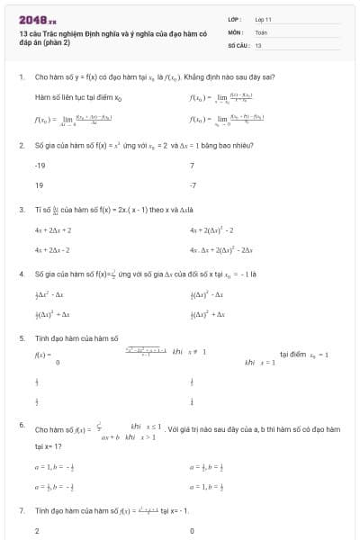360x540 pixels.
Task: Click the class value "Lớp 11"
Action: tap(263, 18)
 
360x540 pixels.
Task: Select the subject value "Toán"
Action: tap(261, 31)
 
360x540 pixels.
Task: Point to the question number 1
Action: tap(21, 78)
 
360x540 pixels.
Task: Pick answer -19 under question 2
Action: tap(40, 166)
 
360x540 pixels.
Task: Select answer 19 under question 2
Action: tap(39, 184)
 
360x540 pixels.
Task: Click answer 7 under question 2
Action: tap(192, 166)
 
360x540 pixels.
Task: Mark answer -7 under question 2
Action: tap(193, 184)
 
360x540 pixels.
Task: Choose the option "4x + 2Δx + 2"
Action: tap(52, 230)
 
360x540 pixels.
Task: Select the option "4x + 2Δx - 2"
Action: tap(52, 249)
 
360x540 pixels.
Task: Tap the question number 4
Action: tap(21, 273)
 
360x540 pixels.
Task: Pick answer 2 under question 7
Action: tap(37, 531)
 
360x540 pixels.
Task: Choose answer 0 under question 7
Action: tap(193, 531)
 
